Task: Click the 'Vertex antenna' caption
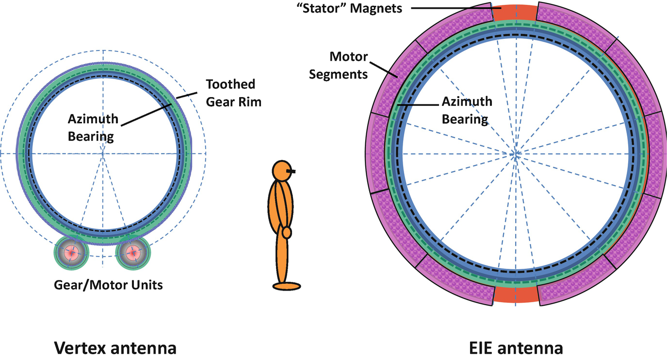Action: (x=115, y=348)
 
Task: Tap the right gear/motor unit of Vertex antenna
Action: (x=133, y=252)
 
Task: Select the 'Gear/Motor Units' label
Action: (x=108, y=285)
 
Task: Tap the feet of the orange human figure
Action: (x=286, y=286)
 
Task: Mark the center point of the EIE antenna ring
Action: (x=516, y=154)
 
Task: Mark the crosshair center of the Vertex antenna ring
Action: (x=103, y=153)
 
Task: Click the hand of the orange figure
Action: (x=287, y=232)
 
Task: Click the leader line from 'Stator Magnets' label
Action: (x=451, y=8)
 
